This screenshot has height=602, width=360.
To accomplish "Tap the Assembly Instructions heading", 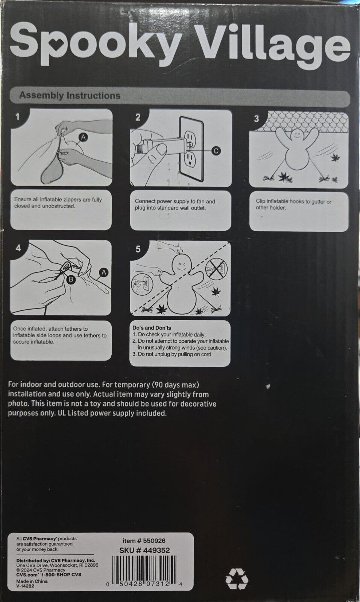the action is coord(70,96).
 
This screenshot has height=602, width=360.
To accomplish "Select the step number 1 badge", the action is coord(18,117).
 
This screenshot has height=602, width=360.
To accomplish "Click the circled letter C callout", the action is coord(216,151).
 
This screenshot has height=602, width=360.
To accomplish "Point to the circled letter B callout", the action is coord(71,280).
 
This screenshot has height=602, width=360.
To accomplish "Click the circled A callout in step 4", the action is coord(103,272).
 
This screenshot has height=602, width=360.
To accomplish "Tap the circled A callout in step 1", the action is coord(83,137).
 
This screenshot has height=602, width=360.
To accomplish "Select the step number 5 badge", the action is coord(138,249).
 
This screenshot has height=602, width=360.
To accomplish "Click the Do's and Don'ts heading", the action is coord(152,328).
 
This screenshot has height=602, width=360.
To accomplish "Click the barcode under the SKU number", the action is coord(144,569).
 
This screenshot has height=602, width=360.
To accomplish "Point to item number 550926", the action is coord(144,540).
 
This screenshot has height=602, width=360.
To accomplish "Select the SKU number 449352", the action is coord(144,550).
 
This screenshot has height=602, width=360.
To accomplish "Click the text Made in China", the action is coord(32,581).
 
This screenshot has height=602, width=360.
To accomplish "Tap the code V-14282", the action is coord(25,586).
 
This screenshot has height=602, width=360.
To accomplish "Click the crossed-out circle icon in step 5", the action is coord(216,269).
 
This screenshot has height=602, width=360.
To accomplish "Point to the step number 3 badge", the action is coord(257,119).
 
